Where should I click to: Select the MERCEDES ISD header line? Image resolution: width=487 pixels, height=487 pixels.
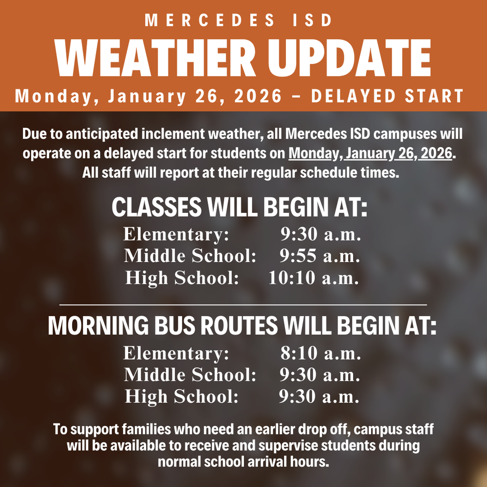point(239,20)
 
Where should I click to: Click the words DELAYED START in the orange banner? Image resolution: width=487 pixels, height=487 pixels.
point(387,96)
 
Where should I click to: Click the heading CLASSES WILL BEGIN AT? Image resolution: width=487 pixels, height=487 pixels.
point(239,207)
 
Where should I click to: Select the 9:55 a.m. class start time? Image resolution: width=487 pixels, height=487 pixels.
point(319,256)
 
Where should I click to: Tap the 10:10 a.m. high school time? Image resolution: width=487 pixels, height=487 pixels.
point(314,278)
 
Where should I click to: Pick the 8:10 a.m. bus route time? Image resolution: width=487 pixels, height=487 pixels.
point(320,353)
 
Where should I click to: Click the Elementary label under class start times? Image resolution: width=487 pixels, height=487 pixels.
point(176,234)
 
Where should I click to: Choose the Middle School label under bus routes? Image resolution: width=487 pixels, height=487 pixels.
point(190,375)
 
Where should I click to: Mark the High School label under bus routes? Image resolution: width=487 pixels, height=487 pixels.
point(182,396)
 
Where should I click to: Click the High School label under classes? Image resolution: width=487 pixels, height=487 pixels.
point(182,278)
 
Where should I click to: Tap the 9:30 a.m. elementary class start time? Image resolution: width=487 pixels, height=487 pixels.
point(320,234)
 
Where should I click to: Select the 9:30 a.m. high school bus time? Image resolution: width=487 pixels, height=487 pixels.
point(319,396)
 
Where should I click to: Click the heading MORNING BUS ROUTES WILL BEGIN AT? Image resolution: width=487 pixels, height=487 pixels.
point(242,326)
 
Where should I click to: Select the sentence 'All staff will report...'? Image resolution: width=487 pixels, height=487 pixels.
point(241,172)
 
